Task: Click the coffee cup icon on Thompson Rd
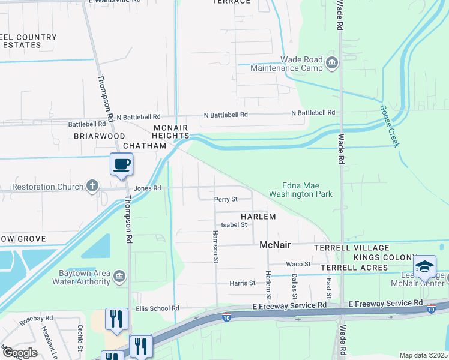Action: [121, 164]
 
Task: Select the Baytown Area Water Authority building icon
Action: [119, 276]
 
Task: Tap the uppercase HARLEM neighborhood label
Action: [258, 217]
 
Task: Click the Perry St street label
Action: [226, 199]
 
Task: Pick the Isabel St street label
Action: [234, 225]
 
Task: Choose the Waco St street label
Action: [298, 264]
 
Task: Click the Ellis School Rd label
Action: [157, 308]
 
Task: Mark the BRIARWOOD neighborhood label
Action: [99, 136]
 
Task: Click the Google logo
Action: [19, 353]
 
